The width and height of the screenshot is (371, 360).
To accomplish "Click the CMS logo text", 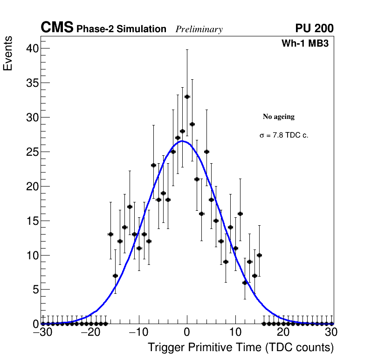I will (57, 28).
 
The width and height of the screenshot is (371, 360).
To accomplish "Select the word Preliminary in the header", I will (199, 29).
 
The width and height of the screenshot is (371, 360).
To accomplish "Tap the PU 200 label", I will (314, 28).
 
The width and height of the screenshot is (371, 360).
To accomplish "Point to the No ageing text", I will (279, 117).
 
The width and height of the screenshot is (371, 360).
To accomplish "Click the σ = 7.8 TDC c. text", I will (284, 135).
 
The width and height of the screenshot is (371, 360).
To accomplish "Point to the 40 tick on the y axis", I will (32, 48).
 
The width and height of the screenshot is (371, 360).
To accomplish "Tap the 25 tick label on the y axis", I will (32, 152).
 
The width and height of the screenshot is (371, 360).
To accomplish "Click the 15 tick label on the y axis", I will (32, 221).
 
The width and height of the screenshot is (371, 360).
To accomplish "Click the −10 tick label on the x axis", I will (138, 332).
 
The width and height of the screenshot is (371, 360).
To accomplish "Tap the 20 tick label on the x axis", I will (283, 332).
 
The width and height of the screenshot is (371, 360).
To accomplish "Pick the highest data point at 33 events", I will (187, 97).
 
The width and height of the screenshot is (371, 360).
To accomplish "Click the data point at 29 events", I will (192, 124).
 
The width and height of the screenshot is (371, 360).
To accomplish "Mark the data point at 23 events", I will (153, 165).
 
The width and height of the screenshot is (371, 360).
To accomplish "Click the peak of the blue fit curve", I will (183, 141).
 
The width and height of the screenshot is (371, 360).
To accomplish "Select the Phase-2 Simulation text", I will (121, 29).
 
